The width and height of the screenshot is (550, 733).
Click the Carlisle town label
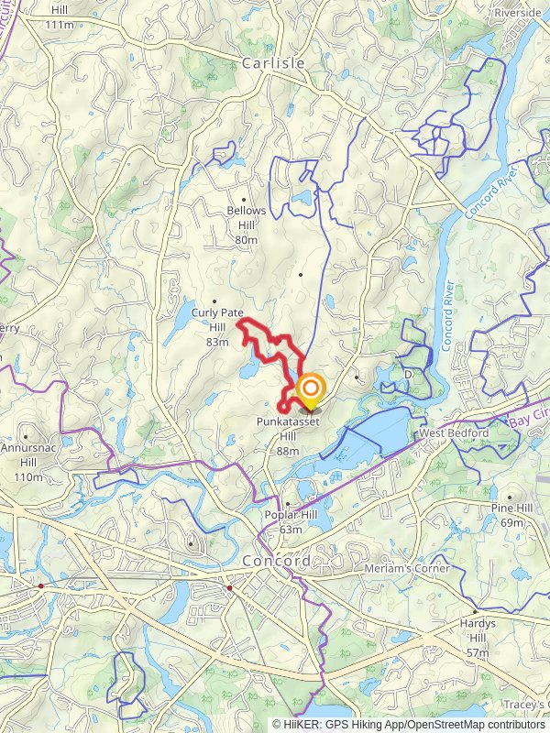coord(272,64)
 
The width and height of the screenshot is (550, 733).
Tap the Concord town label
coord(276,561)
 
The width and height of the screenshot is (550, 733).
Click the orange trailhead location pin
coord(310,391)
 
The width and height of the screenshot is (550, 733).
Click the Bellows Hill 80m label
coord(245,224)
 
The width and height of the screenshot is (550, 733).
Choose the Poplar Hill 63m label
coord(291,523)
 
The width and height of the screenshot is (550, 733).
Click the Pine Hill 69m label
coord(511,515)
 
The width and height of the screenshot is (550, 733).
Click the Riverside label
coord(518,13)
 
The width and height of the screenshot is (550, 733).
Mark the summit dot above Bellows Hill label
coord(244,199)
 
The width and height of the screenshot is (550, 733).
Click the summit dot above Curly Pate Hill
coord(214,301)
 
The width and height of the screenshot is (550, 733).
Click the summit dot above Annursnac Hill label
coord(27,437)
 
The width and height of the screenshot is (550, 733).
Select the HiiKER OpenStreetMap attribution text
coord(407,724)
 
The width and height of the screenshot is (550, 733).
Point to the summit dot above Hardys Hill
coord(475,611)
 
